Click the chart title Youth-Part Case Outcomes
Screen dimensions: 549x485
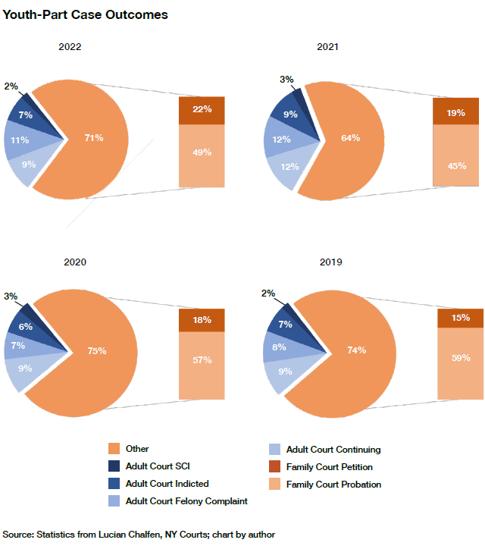(85, 15)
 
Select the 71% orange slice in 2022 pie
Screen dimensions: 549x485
(95, 138)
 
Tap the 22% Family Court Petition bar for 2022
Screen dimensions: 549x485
(202, 110)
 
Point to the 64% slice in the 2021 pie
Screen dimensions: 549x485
(350, 138)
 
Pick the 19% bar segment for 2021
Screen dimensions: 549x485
(455, 111)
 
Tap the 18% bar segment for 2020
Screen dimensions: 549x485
(202, 320)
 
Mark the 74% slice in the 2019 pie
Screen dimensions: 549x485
(356, 350)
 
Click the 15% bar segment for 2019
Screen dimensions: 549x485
(460, 318)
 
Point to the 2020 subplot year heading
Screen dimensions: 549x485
(74, 262)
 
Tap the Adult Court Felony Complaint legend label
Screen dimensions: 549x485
(186, 501)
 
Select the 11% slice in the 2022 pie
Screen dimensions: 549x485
(19, 140)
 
